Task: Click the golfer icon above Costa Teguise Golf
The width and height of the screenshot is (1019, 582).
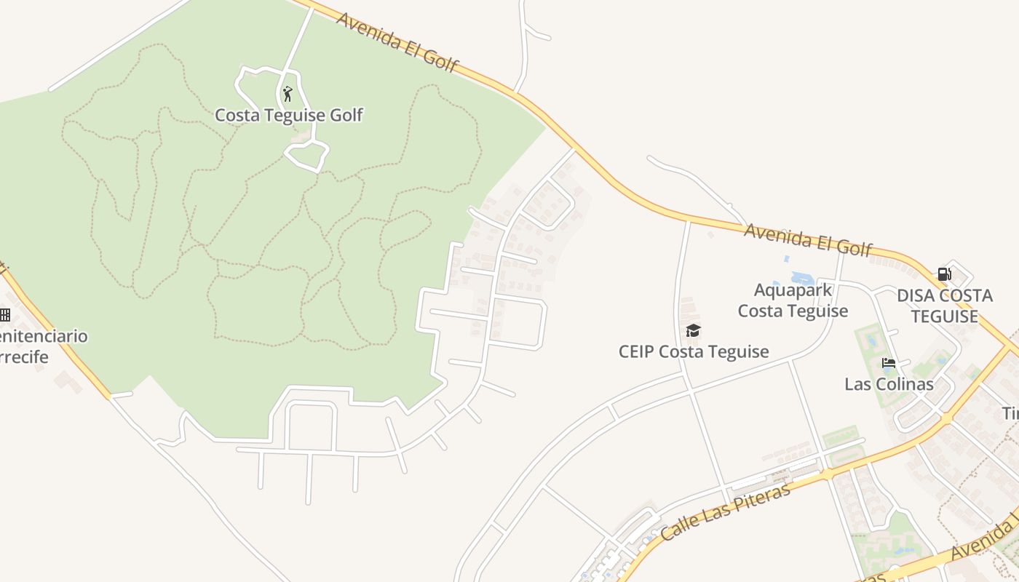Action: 288,94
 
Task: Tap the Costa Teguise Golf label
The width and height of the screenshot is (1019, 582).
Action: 288,115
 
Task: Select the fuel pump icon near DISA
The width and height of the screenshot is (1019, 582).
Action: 944,274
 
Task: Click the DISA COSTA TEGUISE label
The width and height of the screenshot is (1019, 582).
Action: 945,306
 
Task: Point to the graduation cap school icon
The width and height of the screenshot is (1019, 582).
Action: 693,331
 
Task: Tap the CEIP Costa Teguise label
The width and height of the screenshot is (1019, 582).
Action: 693,351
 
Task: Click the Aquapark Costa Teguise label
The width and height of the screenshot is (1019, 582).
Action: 793,300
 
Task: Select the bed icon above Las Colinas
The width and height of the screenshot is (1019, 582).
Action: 888,363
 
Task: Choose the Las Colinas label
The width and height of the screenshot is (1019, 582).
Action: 889,384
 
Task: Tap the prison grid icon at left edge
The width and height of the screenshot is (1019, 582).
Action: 5,315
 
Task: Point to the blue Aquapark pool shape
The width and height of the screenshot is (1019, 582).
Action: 801,278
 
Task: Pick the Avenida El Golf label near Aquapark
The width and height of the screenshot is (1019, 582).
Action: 808,240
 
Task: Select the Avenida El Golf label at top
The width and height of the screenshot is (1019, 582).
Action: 397,42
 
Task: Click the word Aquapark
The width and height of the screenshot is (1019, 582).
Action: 793,290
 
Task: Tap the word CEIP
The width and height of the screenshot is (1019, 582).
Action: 637,351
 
